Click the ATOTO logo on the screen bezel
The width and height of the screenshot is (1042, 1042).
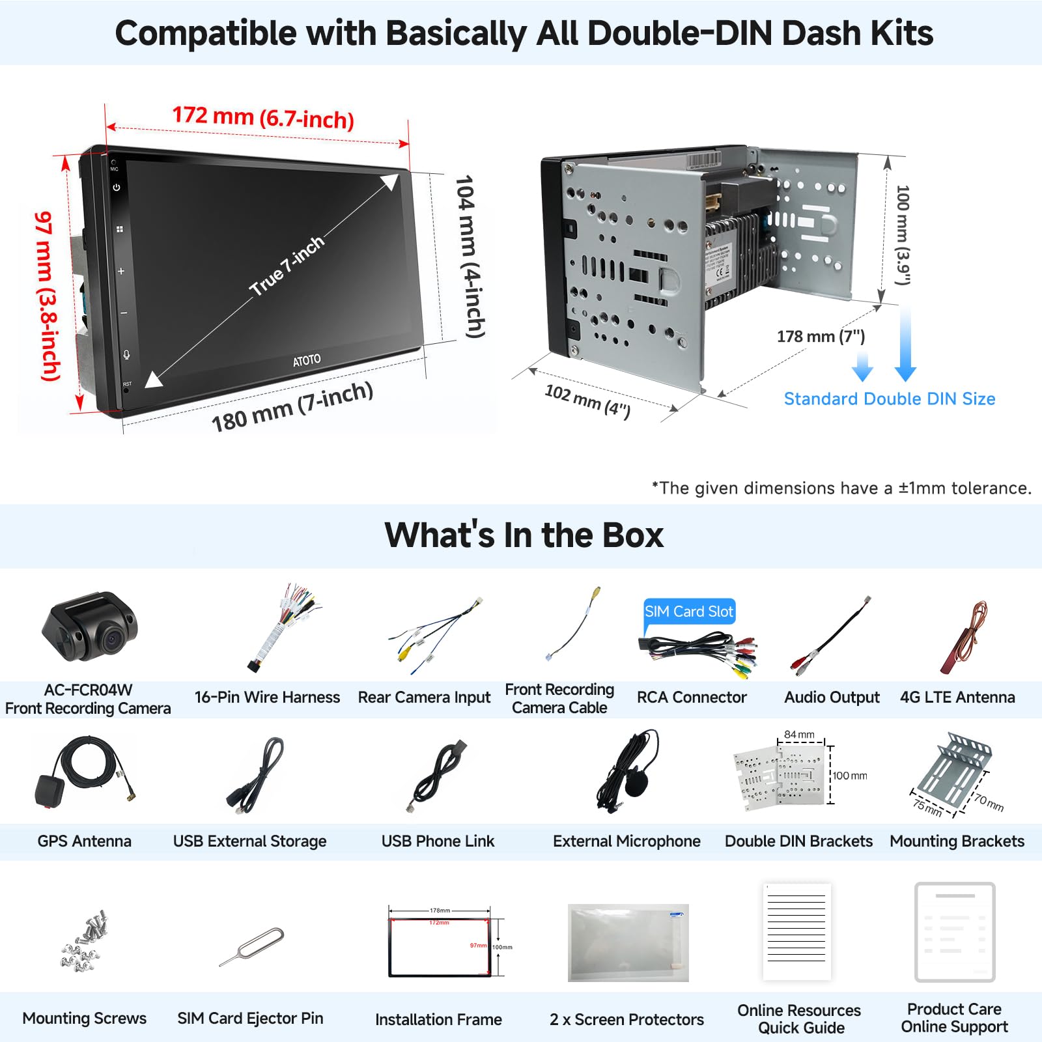(307, 360)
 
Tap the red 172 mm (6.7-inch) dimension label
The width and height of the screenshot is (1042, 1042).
(263, 117)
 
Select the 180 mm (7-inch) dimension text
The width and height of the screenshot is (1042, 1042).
(292, 407)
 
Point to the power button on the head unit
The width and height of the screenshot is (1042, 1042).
(117, 188)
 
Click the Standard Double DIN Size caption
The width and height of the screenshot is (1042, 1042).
(889, 399)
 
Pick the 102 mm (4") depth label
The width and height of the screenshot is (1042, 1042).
(587, 401)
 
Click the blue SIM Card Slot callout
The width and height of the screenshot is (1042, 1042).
(689, 612)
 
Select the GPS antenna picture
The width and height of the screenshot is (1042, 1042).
(85, 775)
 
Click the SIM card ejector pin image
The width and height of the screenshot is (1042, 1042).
(251, 947)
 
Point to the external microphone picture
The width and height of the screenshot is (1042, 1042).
(628, 772)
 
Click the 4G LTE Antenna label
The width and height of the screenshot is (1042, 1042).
(957, 697)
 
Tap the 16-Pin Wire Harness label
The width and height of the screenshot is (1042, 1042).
(267, 697)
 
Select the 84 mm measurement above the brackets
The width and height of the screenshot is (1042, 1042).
(799, 735)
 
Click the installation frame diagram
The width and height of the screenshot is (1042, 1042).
(440, 944)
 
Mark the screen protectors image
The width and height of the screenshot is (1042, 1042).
(628, 942)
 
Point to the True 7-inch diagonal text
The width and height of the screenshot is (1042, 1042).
(287, 265)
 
